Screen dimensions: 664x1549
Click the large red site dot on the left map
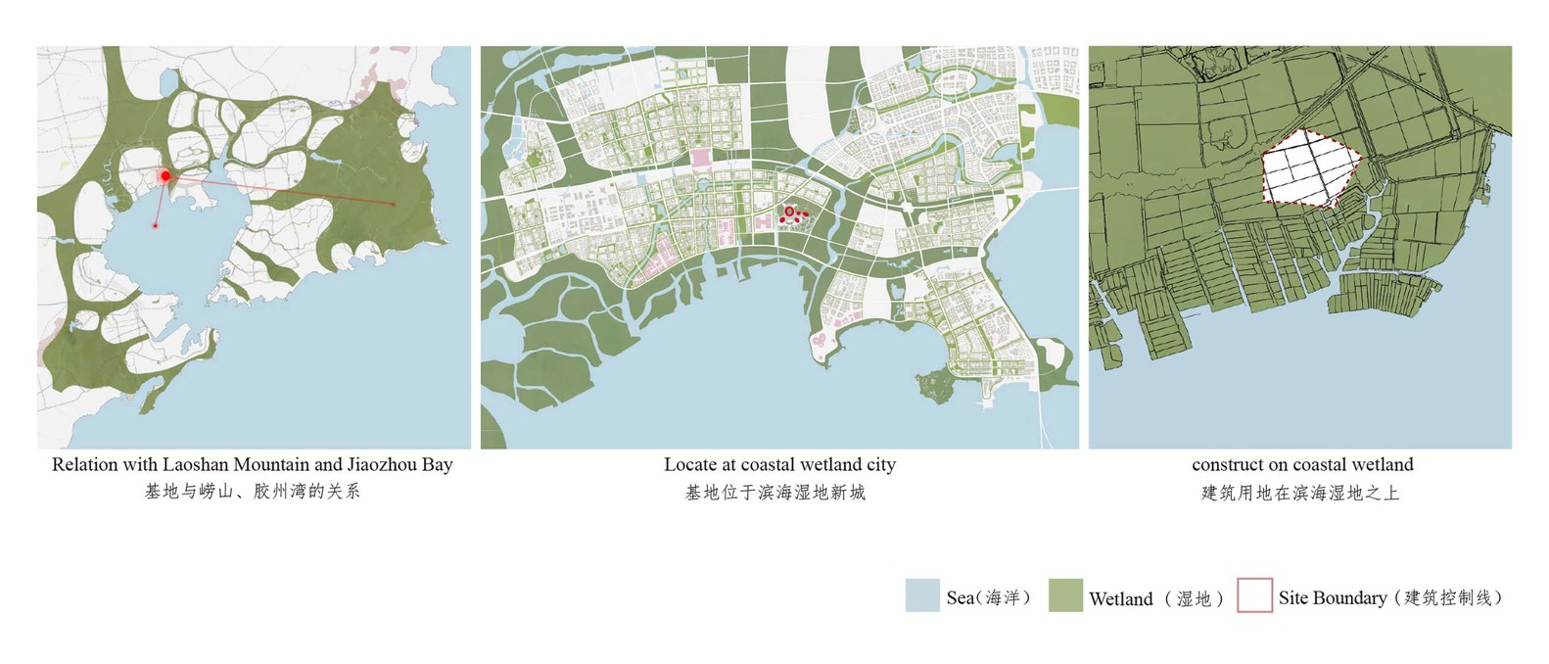click(165, 176)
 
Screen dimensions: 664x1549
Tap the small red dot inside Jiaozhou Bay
click(155, 226)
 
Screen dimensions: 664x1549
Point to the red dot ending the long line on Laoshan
click(394, 204)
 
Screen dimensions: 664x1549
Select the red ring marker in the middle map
click(789, 211)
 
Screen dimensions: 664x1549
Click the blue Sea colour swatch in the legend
click(922, 596)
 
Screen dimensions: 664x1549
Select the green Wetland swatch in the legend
click(1064, 596)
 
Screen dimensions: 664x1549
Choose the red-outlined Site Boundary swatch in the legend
click(1254, 596)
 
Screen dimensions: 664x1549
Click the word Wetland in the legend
click(1120, 598)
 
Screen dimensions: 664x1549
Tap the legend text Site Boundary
click(1332, 597)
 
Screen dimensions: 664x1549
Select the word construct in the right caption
click(1228, 464)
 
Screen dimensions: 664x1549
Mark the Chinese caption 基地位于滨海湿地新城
click(774, 492)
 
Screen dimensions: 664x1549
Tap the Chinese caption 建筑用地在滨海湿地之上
click(1300, 492)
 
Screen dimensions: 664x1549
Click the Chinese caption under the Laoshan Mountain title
click(253, 491)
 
